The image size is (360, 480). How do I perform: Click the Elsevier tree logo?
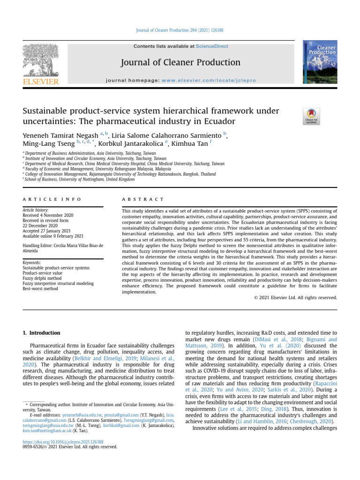click(x=40, y=61)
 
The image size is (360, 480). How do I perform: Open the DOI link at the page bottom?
click(x=63, y=442)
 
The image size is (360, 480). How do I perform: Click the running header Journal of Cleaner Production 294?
click(x=180, y=30)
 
